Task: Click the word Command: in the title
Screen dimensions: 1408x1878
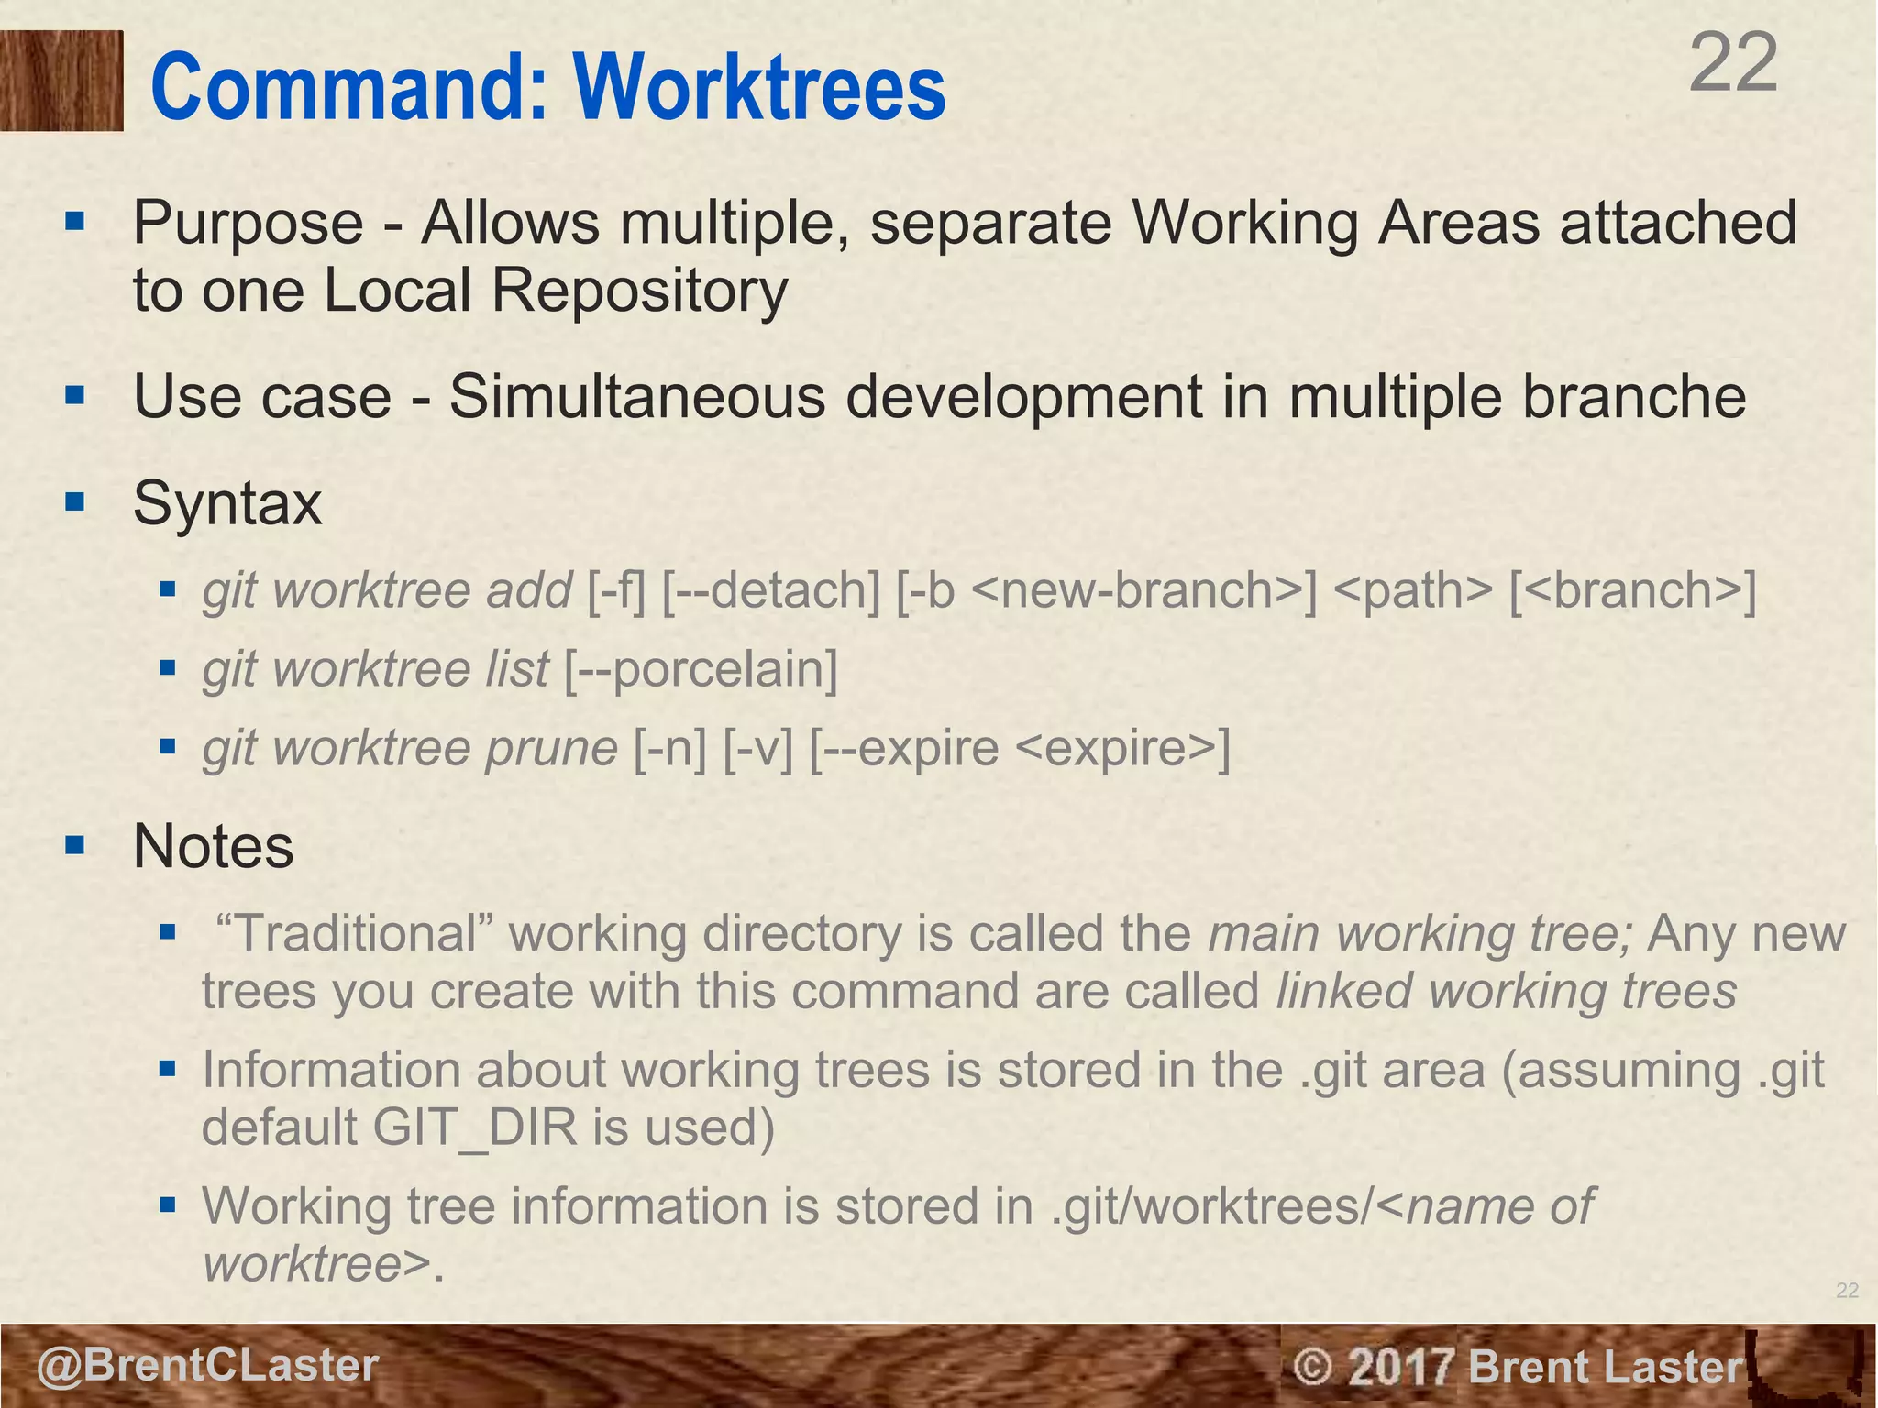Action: (x=349, y=88)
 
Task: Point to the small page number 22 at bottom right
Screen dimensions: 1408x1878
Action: (x=1847, y=1291)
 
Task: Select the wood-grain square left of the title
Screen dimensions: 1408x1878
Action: (x=61, y=81)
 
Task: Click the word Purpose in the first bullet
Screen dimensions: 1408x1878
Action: (x=248, y=223)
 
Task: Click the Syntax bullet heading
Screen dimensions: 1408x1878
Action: (x=227, y=503)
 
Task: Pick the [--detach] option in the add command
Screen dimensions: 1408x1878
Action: (x=770, y=590)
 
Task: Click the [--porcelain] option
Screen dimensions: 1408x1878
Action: (x=700, y=669)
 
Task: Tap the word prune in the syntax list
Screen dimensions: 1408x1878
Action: (x=550, y=748)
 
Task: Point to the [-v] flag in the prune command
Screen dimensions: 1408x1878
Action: (x=757, y=748)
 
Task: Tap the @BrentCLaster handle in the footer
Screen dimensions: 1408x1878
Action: (x=207, y=1365)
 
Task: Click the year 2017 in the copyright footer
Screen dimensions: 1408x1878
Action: (x=1402, y=1367)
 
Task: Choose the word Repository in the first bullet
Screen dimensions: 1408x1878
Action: (x=639, y=291)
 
